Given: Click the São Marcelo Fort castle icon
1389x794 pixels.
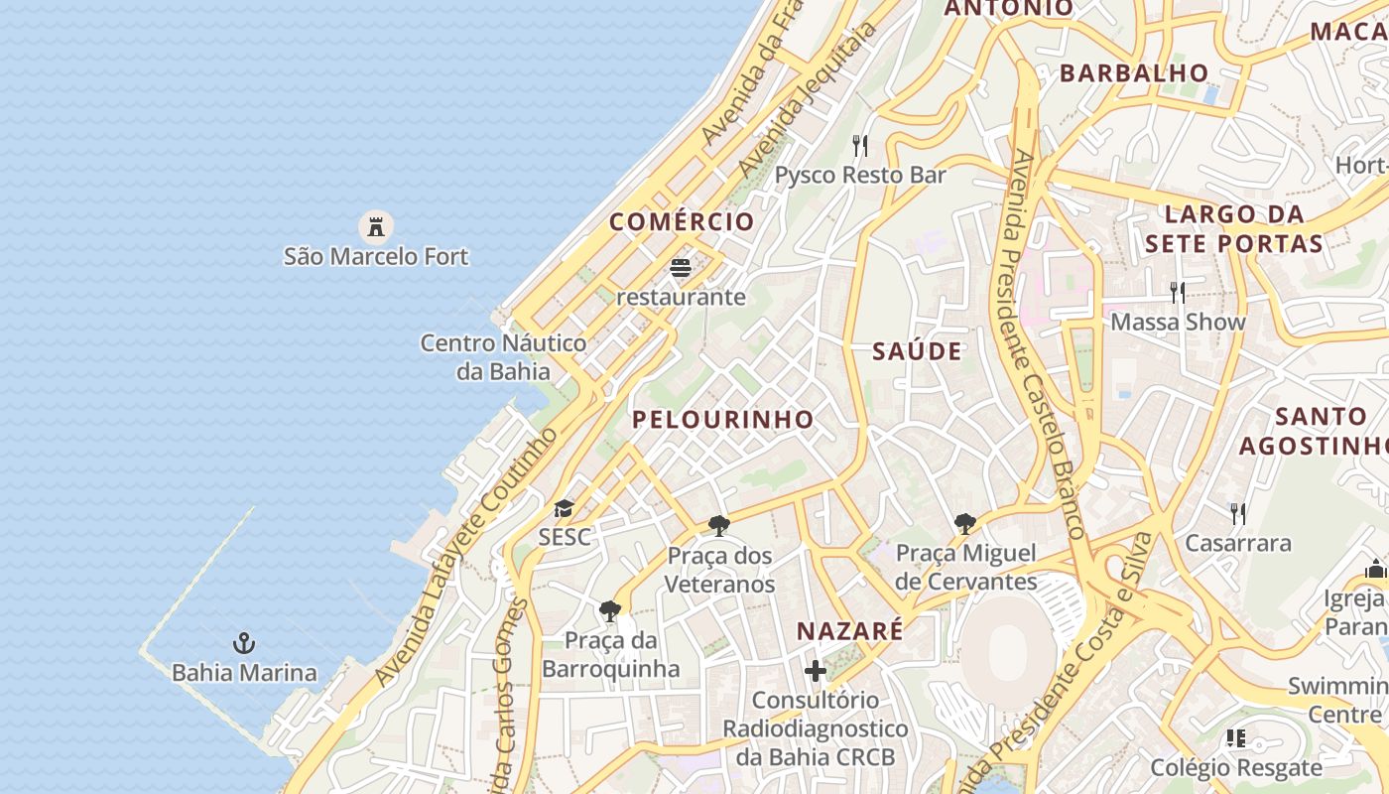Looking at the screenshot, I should [x=375, y=227].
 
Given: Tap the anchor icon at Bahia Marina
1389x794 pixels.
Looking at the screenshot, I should [x=244, y=643].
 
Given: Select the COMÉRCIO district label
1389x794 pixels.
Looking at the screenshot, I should [x=682, y=221].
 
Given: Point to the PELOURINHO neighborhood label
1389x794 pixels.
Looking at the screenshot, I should [x=723, y=419].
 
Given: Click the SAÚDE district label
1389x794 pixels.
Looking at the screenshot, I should [x=918, y=350].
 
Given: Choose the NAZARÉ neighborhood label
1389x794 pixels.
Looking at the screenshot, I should [x=850, y=631].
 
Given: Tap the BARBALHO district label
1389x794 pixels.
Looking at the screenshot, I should [x=1134, y=72].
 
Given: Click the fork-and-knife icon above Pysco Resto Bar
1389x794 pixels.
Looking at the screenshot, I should [x=860, y=146].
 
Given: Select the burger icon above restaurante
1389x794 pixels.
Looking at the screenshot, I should [x=681, y=267].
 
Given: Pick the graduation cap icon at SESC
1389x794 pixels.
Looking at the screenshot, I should [x=564, y=509].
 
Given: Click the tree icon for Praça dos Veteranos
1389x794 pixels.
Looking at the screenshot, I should [x=719, y=526].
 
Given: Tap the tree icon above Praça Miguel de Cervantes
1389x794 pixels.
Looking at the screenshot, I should [x=964, y=523].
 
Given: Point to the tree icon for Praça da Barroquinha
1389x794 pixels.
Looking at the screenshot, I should [x=610, y=610].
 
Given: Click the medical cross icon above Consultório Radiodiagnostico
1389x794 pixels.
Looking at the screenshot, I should [x=815, y=671].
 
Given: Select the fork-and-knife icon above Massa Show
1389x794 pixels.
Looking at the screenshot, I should [x=1178, y=292].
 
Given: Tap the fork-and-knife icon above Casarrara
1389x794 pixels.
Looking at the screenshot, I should [x=1238, y=513].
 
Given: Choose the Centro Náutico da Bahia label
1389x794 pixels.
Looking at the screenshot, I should [x=503, y=357].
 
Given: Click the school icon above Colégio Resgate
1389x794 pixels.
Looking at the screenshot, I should [x=1235, y=737].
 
